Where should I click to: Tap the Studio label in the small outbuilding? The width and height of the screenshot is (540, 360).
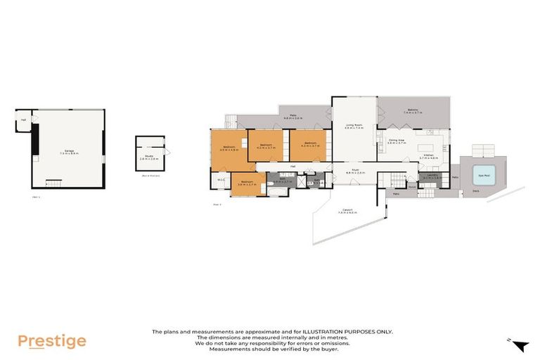[148, 157]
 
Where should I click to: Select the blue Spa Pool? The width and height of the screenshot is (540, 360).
[484, 175]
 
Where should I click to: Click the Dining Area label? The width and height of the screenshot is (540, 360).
[397, 141]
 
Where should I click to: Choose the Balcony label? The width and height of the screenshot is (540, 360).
[413, 110]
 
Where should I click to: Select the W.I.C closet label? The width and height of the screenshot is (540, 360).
[220, 180]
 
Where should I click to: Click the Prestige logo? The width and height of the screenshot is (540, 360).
[51, 342]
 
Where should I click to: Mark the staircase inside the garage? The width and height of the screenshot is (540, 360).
[54, 183]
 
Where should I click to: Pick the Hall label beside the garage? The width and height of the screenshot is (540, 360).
[23, 120]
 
